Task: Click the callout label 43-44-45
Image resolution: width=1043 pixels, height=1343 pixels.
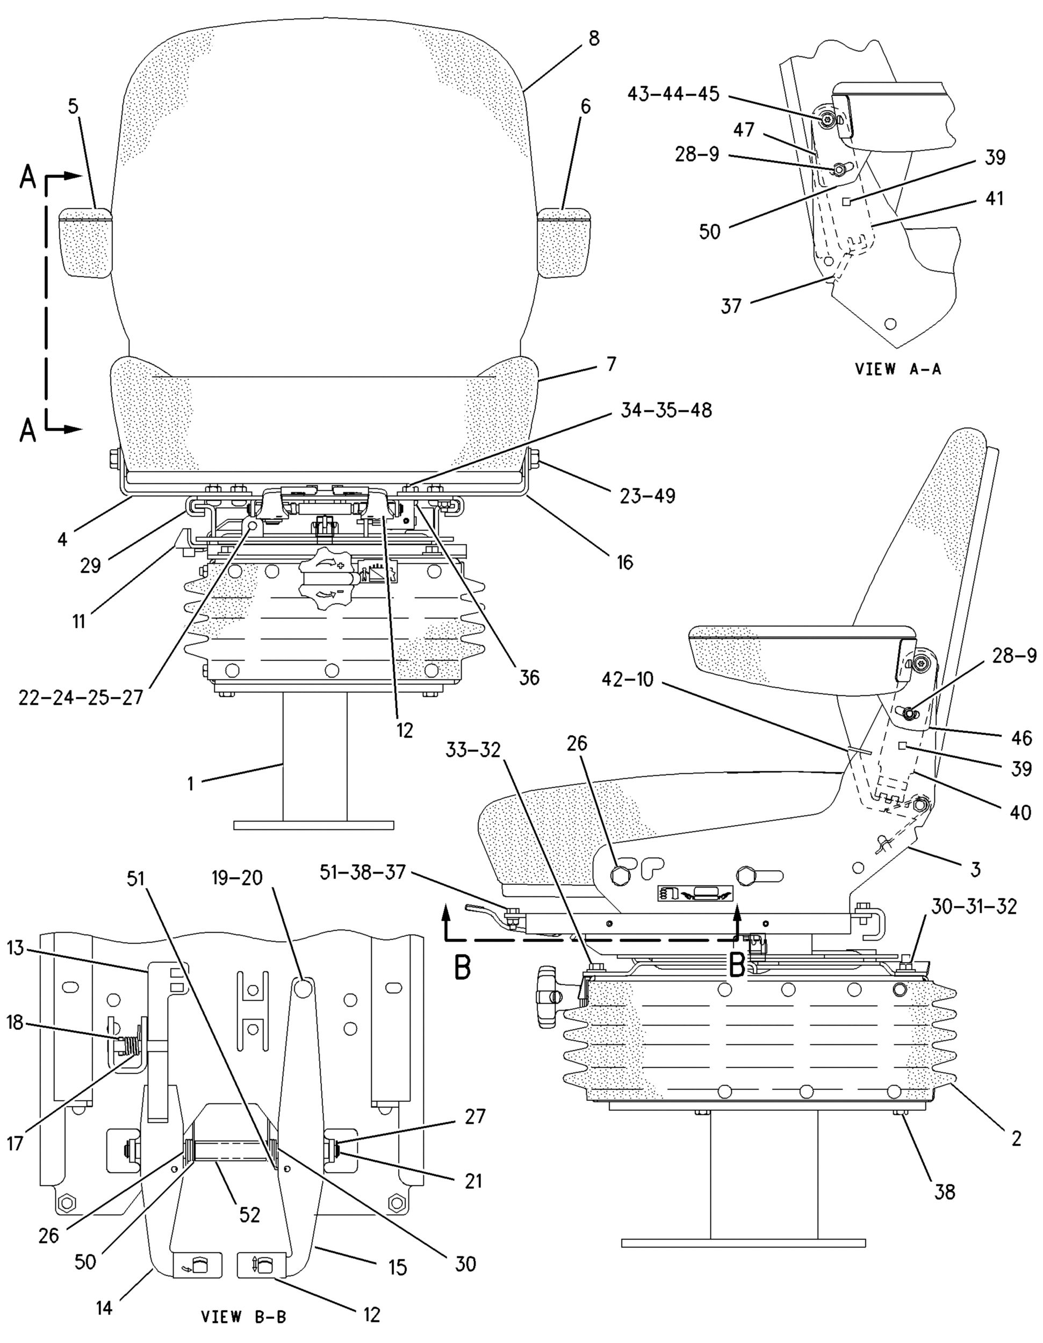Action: pos(673,95)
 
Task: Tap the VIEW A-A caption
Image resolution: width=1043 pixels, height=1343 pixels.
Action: pos(898,369)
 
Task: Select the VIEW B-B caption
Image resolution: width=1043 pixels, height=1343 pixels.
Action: pos(243,1317)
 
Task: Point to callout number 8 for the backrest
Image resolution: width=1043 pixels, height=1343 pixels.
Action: pos(593,39)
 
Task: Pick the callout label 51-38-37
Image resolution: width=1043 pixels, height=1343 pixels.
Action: pos(363,872)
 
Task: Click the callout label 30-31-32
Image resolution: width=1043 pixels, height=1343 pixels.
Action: pos(973,906)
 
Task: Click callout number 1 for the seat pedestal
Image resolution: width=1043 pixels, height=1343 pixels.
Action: pos(191,783)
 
